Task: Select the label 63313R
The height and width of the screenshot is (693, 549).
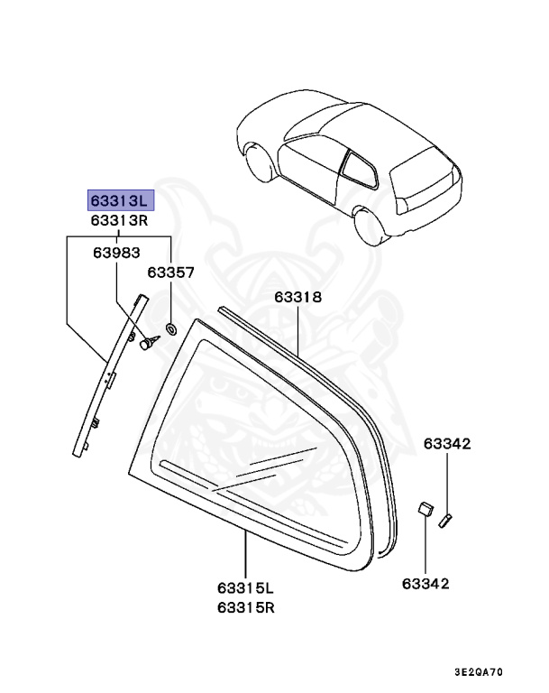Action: point(121,221)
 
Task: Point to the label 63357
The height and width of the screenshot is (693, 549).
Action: point(171,271)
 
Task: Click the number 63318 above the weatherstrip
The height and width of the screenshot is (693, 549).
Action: point(297,296)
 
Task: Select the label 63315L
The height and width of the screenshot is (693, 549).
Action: point(245,589)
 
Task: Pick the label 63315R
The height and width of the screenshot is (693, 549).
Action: point(245,607)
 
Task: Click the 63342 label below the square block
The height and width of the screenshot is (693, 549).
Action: point(424,584)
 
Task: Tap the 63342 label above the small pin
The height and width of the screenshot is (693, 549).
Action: point(448,444)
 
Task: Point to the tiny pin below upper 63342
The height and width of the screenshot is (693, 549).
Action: point(444,519)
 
